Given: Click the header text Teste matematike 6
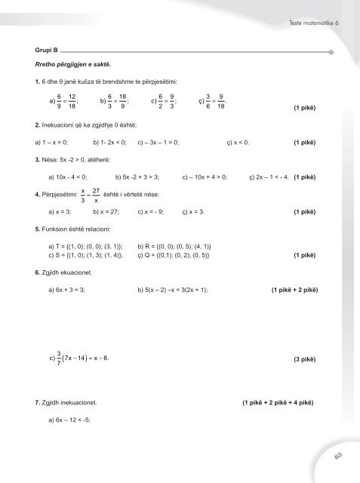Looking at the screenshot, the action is [312, 23].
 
